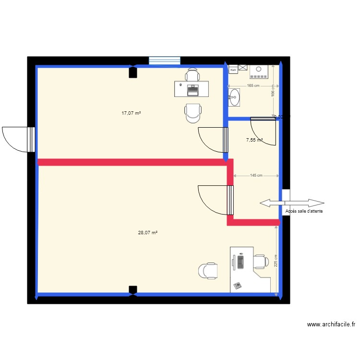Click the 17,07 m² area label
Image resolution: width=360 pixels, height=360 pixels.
click(131, 113)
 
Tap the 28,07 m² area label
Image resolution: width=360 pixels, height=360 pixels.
click(148, 232)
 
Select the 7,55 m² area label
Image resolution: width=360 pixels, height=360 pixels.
click(254, 140)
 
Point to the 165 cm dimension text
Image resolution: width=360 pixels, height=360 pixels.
click(253, 86)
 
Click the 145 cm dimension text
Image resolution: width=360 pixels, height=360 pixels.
click(256, 175)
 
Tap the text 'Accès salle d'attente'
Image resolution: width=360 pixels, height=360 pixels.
click(304, 211)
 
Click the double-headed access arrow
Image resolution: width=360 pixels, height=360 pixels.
click(291, 203)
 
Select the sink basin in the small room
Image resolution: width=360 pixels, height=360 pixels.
click(234, 97)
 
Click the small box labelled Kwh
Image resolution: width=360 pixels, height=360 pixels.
click(233, 70)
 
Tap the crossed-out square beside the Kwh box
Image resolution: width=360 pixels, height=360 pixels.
click(242, 68)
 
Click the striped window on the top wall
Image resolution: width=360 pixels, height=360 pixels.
click(164, 60)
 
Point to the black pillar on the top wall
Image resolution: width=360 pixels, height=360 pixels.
click(133, 72)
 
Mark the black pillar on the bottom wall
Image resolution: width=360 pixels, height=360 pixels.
click(133, 289)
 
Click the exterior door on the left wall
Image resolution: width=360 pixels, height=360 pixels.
click(18, 139)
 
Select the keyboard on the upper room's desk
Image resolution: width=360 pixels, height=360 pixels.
click(193, 88)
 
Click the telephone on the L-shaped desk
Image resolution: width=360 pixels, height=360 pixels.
click(237, 286)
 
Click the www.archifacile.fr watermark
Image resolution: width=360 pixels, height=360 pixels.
click(331, 324)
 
